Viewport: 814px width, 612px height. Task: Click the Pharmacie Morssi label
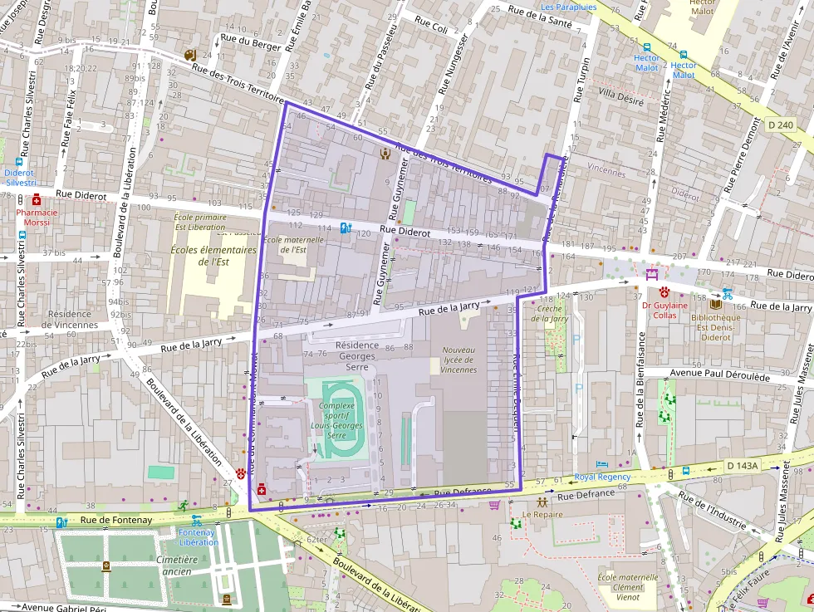[x=37, y=218]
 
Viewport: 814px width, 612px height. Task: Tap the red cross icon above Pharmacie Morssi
[x=37, y=200]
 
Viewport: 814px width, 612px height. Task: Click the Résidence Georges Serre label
[x=356, y=350]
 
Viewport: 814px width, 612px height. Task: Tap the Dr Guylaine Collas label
[x=664, y=310]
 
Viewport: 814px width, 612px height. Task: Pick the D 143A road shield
[x=741, y=466]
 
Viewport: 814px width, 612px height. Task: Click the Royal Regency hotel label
[x=602, y=477]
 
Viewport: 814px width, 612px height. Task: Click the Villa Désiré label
[x=620, y=95]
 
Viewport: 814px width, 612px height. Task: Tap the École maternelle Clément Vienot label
[x=628, y=587]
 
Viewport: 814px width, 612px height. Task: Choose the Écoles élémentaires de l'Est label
[x=213, y=255]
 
